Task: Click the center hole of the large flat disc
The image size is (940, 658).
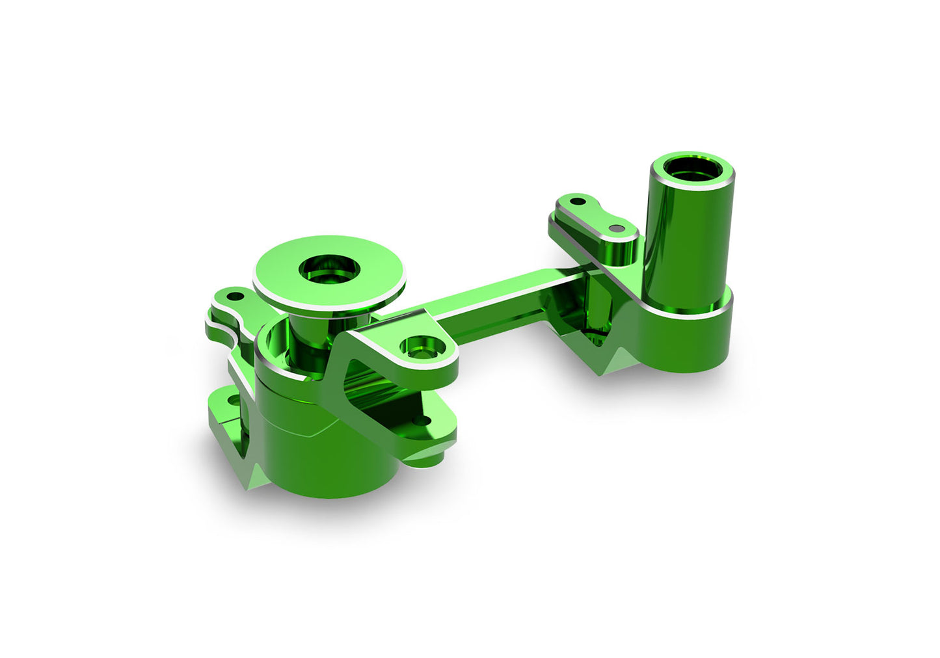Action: tap(329, 267)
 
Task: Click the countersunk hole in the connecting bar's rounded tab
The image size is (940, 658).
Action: tap(420, 345)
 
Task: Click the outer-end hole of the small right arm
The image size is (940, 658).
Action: tap(575, 200)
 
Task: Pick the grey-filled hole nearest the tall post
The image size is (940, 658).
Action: tap(616, 229)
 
